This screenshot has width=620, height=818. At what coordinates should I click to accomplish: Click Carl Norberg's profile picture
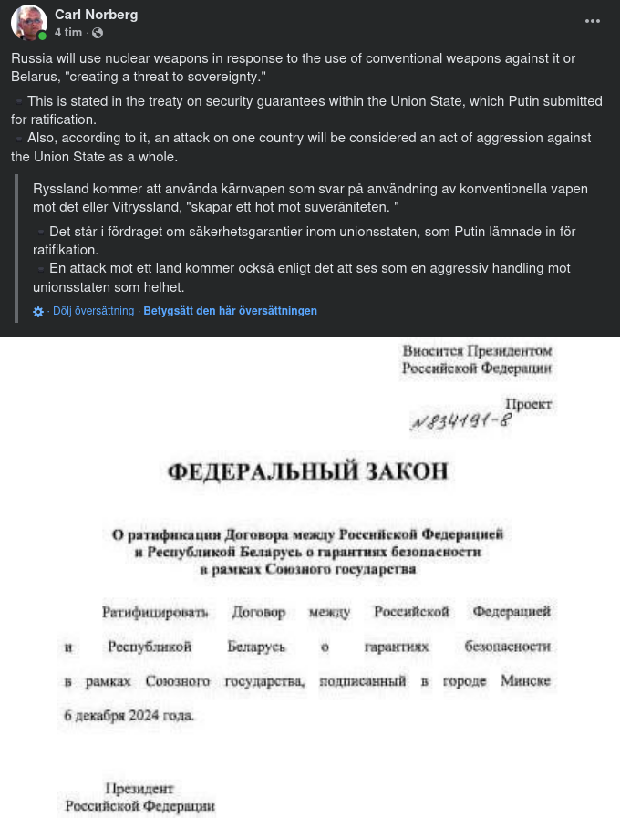coord(29,23)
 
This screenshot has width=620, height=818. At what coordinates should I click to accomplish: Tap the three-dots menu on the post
coord(593,21)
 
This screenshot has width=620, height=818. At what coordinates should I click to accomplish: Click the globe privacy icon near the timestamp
coord(98,33)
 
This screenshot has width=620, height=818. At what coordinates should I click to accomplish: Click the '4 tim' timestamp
coord(67,33)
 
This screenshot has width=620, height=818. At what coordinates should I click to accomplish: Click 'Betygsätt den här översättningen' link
coord(230,311)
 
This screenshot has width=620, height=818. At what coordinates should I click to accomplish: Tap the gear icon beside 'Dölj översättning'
coord(38,312)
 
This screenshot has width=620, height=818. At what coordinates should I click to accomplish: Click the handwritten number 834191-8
coord(460,422)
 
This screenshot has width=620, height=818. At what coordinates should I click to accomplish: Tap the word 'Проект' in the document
coord(529,403)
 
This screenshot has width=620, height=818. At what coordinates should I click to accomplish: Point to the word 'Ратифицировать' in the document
coord(155,612)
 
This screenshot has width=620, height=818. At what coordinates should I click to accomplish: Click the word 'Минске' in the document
coord(525,681)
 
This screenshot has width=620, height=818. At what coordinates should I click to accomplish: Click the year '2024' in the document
coord(144,716)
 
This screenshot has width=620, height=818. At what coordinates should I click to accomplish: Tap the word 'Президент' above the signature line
coord(139,789)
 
